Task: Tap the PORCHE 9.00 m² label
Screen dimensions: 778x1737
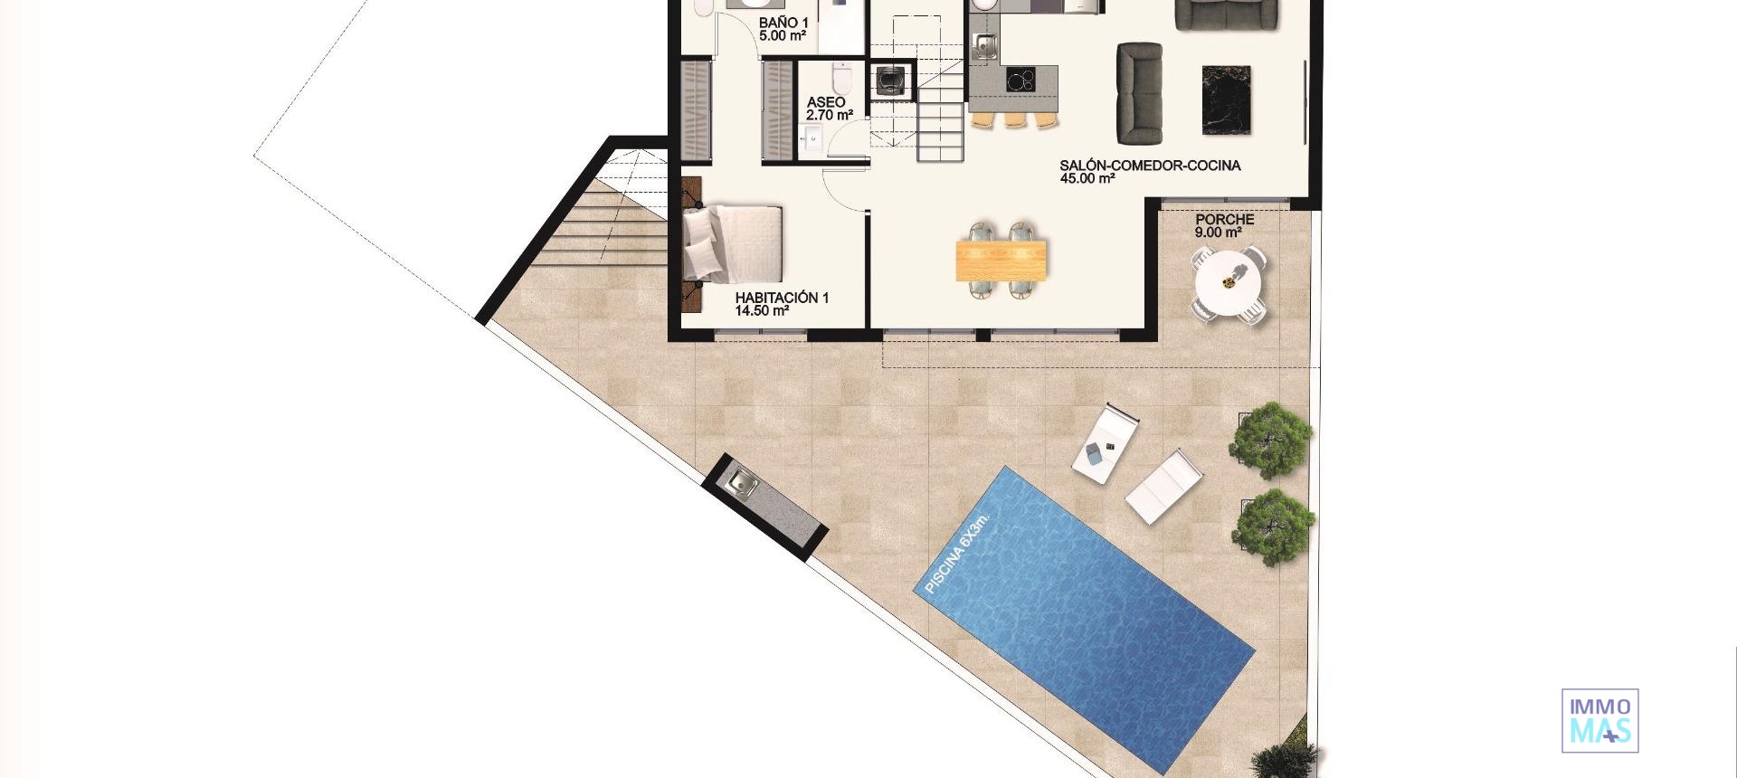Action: pyautogui.click(x=1224, y=225)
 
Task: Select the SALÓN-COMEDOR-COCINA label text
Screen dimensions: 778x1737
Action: pyautogui.click(x=1150, y=171)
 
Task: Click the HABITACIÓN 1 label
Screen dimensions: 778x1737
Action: pyautogui.click(x=781, y=303)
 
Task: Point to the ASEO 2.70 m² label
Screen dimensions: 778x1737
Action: pyautogui.click(x=828, y=109)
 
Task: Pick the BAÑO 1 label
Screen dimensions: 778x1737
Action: pyautogui.click(x=783, y=29)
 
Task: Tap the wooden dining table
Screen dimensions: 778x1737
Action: pyautogui.click(x=1001, y=261)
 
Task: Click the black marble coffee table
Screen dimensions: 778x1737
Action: pyautogui.click(x=1226, y=100)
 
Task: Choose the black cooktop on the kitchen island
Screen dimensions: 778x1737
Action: pyautogui.click(x=1020, y=81)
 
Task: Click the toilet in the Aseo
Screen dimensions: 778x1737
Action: pyautogui.click(x=842, y=79)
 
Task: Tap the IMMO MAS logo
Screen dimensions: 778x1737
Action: pyautogui.click(x=1599, y=720)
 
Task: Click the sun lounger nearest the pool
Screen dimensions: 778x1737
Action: pyautogui.click(x=1163, y=487)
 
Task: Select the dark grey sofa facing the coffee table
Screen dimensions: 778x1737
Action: pyautogui.click(x=1139, y=93)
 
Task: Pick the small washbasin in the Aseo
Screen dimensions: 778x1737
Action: pyautogui.click(x=811, y=138)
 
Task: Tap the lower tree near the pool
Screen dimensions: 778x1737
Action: pyautogui.click(x=1273, y=527)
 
